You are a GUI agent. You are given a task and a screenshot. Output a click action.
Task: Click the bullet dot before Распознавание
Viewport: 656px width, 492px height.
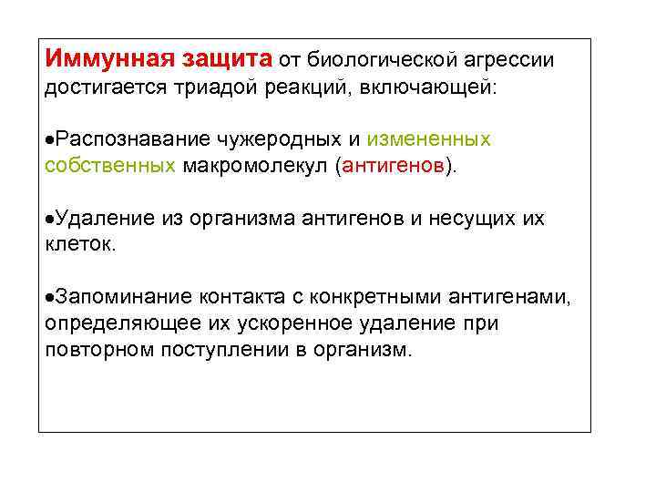click(x=48, y=139)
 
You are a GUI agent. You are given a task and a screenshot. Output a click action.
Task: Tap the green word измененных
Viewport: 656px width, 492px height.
click(x=429, y=139)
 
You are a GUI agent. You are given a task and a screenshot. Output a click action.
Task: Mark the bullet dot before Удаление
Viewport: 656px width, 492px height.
click(x=48, y=218)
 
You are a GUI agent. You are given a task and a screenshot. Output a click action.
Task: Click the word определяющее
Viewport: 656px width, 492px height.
click(x=108, y=323)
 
